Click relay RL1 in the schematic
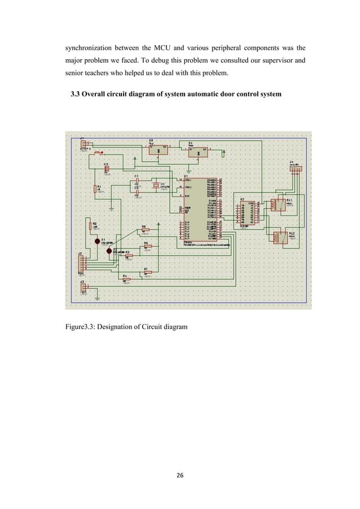[x=278, y=205]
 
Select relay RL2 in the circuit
[x=279, y=238]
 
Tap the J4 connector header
[x=295, y=168]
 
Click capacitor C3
[x=106, y=169]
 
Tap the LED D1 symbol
[x=96, y=242]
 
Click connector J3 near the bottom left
[x=84, y=287]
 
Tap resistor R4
[x=128, y=279]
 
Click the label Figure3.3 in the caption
[x=83, y=326]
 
